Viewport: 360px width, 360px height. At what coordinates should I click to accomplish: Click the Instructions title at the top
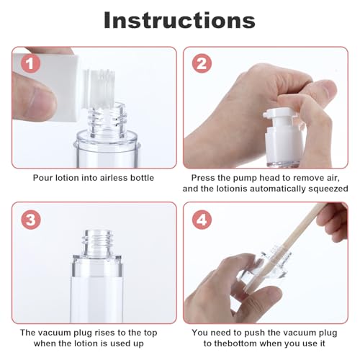[179, 19]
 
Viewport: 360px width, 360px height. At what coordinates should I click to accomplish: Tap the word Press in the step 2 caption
[204, 177]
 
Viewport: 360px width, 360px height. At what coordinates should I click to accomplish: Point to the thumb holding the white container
[32, 101]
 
